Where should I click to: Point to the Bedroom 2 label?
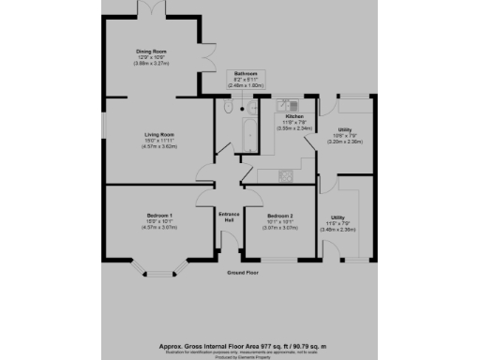click(273, 216)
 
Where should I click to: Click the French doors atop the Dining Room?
click(152, 10)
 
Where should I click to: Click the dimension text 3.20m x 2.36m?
click(345, 143)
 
